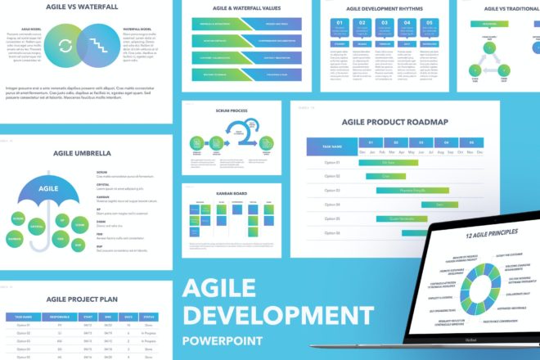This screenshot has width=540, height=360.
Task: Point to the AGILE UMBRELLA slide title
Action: (x=81, y=152)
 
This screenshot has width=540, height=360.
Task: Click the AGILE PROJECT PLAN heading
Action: (x=81, y=300)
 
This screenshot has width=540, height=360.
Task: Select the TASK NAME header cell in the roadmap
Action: (x=331, y=146)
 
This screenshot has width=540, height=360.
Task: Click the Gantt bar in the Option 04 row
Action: (x=439, y=204)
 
